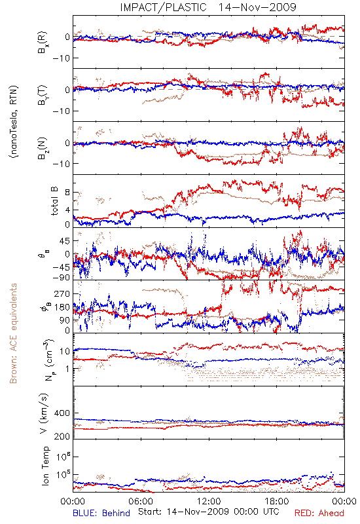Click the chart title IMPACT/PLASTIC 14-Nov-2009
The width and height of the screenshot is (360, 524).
(x=208, y=7)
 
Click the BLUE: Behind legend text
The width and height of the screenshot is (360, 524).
(x=101, y=513)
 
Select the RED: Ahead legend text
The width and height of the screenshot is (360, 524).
(x=319, y=513)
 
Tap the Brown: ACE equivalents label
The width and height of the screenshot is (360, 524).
(x=13, y=333)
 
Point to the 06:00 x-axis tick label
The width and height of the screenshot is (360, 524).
(x=141, y=501)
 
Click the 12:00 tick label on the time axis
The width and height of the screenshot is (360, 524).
(x=209, y=501)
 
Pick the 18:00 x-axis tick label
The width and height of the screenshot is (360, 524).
(x=277, y=501)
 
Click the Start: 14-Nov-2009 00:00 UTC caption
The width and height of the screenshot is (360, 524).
(x=209, y=512)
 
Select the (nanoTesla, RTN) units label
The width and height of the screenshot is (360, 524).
(x=14, y=122)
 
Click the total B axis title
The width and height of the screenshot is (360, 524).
(x=54, y=201)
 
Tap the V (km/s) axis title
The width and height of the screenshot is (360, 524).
(x=45, y=413)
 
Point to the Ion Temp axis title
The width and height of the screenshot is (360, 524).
(x=45, y=466)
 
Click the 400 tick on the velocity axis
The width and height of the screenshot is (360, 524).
(x=62, y=413)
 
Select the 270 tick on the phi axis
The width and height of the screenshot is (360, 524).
(x=62, y=293)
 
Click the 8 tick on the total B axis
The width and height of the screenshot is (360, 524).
(x=67, y=193)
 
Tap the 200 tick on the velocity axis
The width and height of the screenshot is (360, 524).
(x=62, y=436)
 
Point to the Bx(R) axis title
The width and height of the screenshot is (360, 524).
(x=43, y=43)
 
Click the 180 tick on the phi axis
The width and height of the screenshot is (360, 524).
(x=62, y=307)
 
